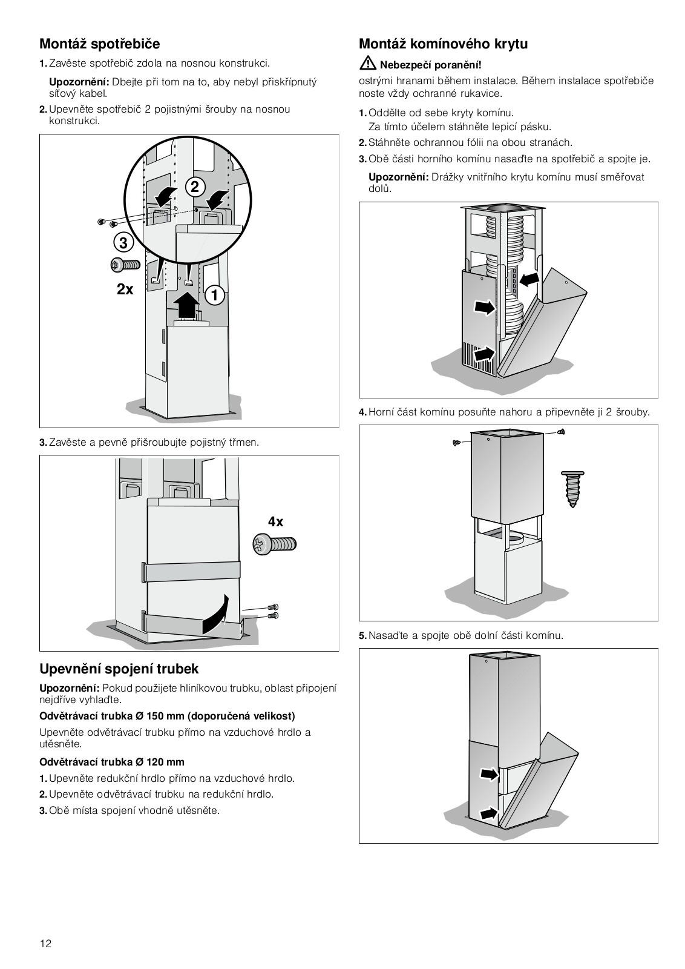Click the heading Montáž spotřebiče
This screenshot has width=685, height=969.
click(x=99, y=44)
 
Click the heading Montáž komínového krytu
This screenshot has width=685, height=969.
click(x=443, y=44)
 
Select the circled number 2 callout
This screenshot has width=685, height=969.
click(x=194, y=187)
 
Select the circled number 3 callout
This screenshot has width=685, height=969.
click(x=123, y=243)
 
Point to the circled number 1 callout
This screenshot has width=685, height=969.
click(x=214, y=296)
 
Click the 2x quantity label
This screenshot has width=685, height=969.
click(x=125, y=289)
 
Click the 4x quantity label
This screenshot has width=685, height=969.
click(x=275, y=521)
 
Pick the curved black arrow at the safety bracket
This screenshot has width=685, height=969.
click(x=217, y=613)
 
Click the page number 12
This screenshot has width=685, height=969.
click(x=46, y=944)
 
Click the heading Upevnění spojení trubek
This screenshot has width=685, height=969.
click(x=119, y=669)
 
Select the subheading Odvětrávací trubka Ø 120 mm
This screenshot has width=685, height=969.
click(x=112, y=762)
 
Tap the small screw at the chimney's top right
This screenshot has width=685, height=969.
click(x=561, y=431)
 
